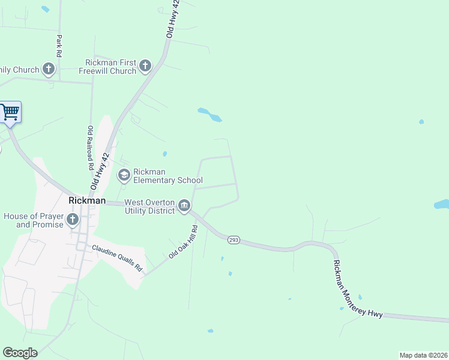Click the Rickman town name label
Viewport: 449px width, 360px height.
click(x=87, y=200)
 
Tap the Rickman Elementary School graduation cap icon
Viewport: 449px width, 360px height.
click(x=124, y=176)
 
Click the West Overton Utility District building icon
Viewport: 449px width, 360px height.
click(x=184, y=207)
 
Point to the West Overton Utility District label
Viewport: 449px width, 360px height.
click(x=149, y=207)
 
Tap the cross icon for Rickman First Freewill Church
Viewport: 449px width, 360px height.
click(x=145, y=66)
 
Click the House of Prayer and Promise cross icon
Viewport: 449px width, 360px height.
click(x=73, y=220)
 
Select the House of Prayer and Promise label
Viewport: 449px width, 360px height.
click(x=32, y=220)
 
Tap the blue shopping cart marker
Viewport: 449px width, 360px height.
click(x=10, y=112)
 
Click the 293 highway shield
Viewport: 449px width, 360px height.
click(x=234, y=240)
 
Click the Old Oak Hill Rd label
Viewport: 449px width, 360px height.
click(x=182, y=242)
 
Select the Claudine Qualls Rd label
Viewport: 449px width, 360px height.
click(x=116, y=258)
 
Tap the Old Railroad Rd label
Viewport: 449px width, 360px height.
click(x=91, y=146)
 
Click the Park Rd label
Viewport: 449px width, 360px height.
click(x=59, y=46)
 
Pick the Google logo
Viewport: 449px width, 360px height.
click(x=20, y=353)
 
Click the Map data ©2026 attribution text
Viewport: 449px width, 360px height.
click(x=423, y=355)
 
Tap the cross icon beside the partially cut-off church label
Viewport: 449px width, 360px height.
click(x=49, y=70)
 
